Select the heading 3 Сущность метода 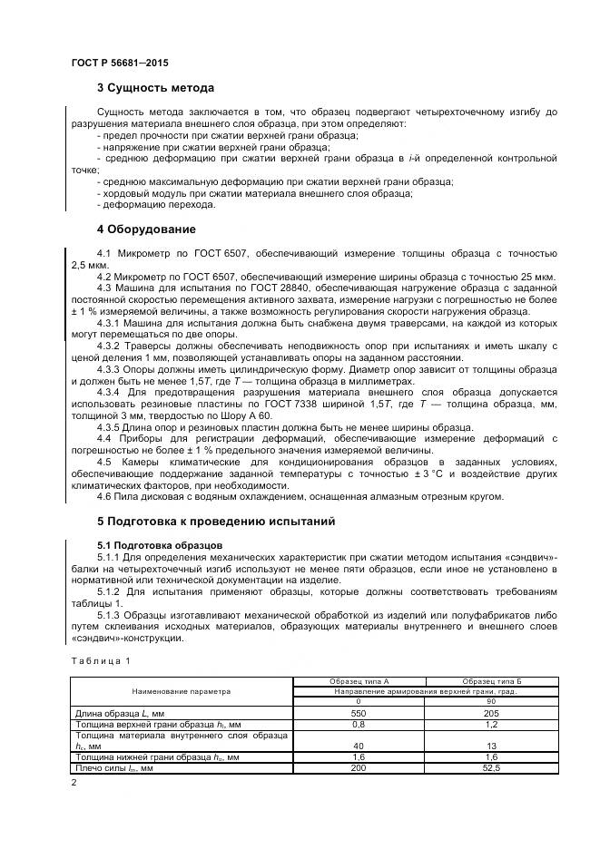pos(155,88)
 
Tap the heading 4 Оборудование pos(145,229)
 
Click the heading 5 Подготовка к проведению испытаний pos(216,522)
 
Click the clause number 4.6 pos(103,496)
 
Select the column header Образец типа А pos(359,681)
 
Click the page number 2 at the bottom pos(74,783)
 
